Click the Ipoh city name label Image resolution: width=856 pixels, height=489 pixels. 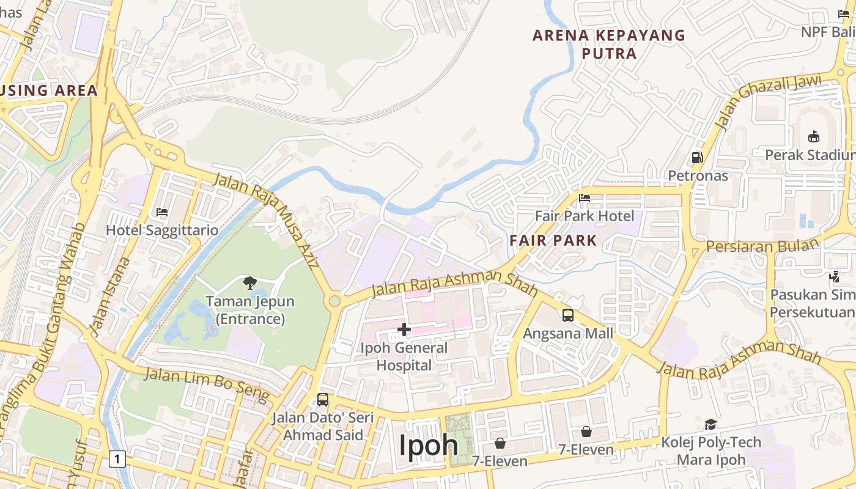point(429,445)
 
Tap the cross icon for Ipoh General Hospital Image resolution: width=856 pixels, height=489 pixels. point(404,330)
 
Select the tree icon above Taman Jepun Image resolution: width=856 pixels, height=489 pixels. point(249,282)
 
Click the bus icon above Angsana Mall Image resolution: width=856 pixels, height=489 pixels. point(568,315)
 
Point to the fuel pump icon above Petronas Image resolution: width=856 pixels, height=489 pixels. point(697,157)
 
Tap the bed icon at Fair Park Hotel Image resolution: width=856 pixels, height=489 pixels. point(585,198)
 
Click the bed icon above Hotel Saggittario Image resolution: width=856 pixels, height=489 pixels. point(162,212)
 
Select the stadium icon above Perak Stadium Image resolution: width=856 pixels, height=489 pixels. point(813,136)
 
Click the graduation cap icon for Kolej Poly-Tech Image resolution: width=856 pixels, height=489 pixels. point(710,424)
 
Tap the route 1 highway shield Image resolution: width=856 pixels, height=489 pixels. point(117,458)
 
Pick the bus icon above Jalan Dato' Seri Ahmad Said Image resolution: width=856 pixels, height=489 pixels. point(323,400)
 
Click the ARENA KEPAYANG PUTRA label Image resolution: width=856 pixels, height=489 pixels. point(609,44)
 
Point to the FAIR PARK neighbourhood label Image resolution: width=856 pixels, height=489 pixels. point(553,240)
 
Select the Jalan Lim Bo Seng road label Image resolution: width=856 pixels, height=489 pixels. point(206,384)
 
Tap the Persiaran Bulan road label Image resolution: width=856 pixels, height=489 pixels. point(762,246)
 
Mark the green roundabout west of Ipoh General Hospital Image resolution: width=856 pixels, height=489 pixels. point(334,301)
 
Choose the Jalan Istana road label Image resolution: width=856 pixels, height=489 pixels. point(110,296)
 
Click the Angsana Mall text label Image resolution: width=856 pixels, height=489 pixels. point(568,334)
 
